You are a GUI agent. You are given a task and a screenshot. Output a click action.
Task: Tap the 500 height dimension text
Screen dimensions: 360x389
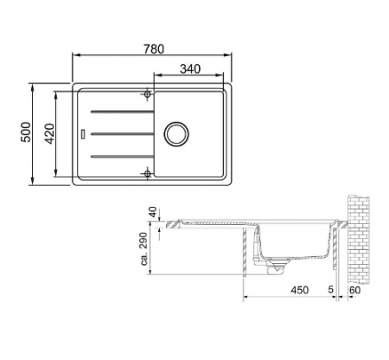click(26, 134)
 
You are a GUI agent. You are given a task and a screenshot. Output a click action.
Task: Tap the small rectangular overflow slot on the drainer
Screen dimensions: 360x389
click(82, 133)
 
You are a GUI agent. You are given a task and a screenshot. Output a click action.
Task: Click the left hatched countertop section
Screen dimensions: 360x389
click(173, 226)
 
